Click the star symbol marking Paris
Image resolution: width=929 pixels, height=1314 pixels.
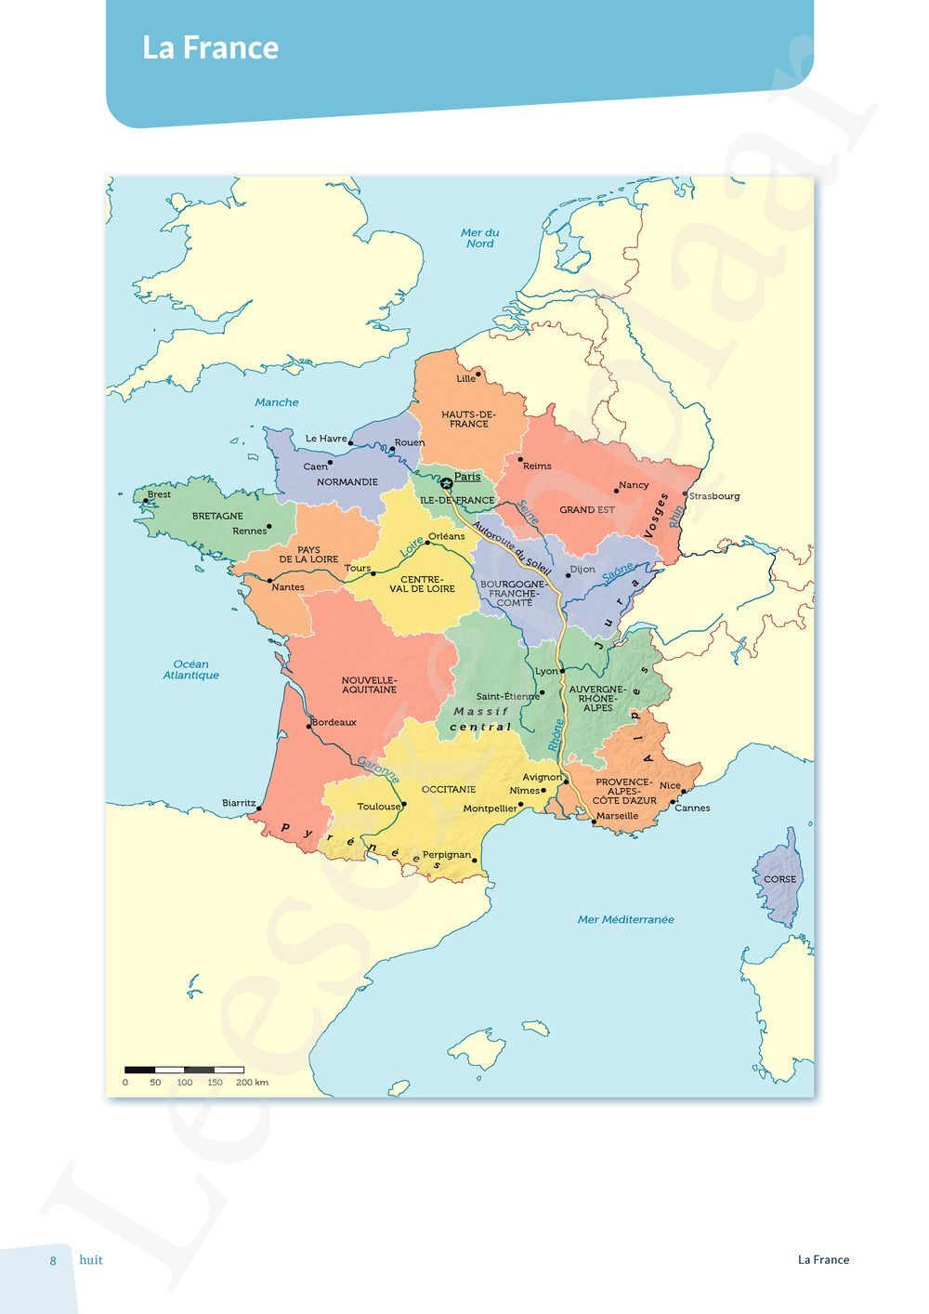(446, 482)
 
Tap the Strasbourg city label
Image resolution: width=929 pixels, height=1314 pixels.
(714, 496)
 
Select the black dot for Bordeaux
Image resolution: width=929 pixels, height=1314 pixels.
(310, 726)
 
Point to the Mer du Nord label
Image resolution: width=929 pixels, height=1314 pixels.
(480, 238)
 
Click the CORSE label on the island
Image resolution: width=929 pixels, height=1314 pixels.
(780, 879)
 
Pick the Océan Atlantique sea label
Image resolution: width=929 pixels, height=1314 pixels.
(191, 670)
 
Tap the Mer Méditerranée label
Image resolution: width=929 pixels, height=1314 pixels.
(626, 920)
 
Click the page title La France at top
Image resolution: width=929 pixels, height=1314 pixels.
(211, 48)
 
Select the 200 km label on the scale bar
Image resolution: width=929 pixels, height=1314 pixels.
(252, 1083)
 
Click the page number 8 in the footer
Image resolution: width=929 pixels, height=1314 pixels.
(53, 1260)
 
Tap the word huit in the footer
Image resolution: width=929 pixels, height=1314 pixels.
(91, 1260)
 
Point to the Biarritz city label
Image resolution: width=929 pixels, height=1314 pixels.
(239, 803)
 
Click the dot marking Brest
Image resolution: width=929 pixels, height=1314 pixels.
(146, 500)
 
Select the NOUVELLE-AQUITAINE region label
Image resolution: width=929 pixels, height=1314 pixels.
(369, 685)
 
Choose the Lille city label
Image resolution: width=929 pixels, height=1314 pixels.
(465, 379)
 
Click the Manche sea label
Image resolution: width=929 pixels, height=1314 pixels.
(277, 402)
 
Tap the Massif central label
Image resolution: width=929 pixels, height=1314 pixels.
(480, 719)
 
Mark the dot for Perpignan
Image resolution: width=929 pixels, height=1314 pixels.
(475, 861)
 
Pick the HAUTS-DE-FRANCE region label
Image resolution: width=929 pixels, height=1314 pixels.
(468, 419)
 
